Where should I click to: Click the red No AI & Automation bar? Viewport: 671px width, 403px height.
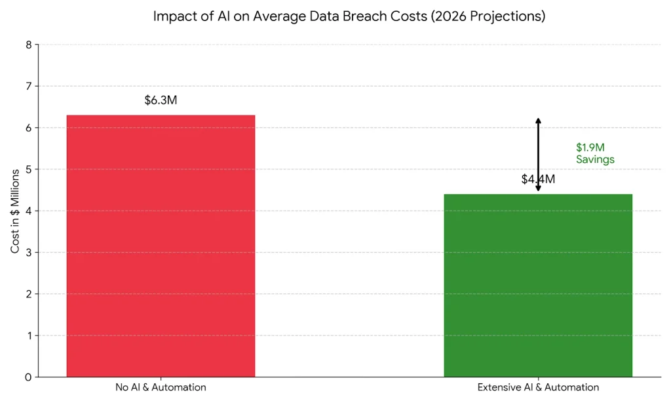coord(161,246)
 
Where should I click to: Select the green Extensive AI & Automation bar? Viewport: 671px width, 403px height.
coord(538,286)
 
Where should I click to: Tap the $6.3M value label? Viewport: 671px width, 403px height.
coord(161,100)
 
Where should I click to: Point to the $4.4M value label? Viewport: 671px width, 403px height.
coord(538,179)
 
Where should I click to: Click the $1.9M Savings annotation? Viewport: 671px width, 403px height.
coord(595,154)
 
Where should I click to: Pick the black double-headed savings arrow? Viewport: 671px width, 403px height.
coord(538,155)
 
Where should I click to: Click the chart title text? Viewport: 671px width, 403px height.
coord(349,16)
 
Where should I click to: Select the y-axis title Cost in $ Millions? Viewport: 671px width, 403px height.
coord(15,210)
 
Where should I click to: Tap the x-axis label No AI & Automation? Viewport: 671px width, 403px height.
coord(161,387)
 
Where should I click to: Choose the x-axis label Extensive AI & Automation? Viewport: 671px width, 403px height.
coord(538,387)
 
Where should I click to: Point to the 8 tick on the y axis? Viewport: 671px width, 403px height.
coord(28,45)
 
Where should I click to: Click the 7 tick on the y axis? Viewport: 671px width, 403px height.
coord(28,86)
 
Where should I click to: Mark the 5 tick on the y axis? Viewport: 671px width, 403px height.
coord(28,169)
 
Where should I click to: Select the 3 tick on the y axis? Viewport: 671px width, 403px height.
coord(28,253)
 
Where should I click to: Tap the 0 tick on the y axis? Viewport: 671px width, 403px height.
coord(28,377)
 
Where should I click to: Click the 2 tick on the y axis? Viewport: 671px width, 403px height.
coord(28,294)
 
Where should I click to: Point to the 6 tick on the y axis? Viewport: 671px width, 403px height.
coord(28,128)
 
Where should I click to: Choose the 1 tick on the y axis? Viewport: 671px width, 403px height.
coord(28,335)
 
